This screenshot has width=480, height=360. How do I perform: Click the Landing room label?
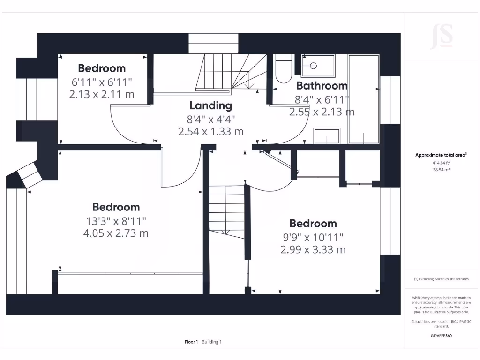point(210,105)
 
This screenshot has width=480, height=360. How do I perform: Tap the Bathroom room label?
point(322,86)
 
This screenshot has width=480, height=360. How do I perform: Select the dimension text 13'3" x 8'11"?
point(116,220)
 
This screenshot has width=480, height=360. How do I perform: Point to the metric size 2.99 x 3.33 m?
point(313,249)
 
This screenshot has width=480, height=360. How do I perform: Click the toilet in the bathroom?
point(283,70)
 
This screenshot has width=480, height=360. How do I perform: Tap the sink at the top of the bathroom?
point(318,66)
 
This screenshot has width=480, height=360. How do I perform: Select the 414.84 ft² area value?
point(441,163)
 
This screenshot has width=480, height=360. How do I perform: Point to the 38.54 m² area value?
point(441,170)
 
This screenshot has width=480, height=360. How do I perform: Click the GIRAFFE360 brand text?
point(441,336)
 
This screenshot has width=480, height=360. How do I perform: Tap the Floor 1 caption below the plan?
point(191,342)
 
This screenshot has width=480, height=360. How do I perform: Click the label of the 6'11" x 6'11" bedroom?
point(102,68)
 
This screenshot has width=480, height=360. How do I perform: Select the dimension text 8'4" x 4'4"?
point(210,119)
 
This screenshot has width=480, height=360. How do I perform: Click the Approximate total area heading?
point(441,155)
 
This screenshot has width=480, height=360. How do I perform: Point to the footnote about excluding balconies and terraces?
point(441,279)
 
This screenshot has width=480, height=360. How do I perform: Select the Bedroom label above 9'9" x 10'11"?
point(313,223)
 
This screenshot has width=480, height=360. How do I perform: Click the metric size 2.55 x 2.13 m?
point(322,112)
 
